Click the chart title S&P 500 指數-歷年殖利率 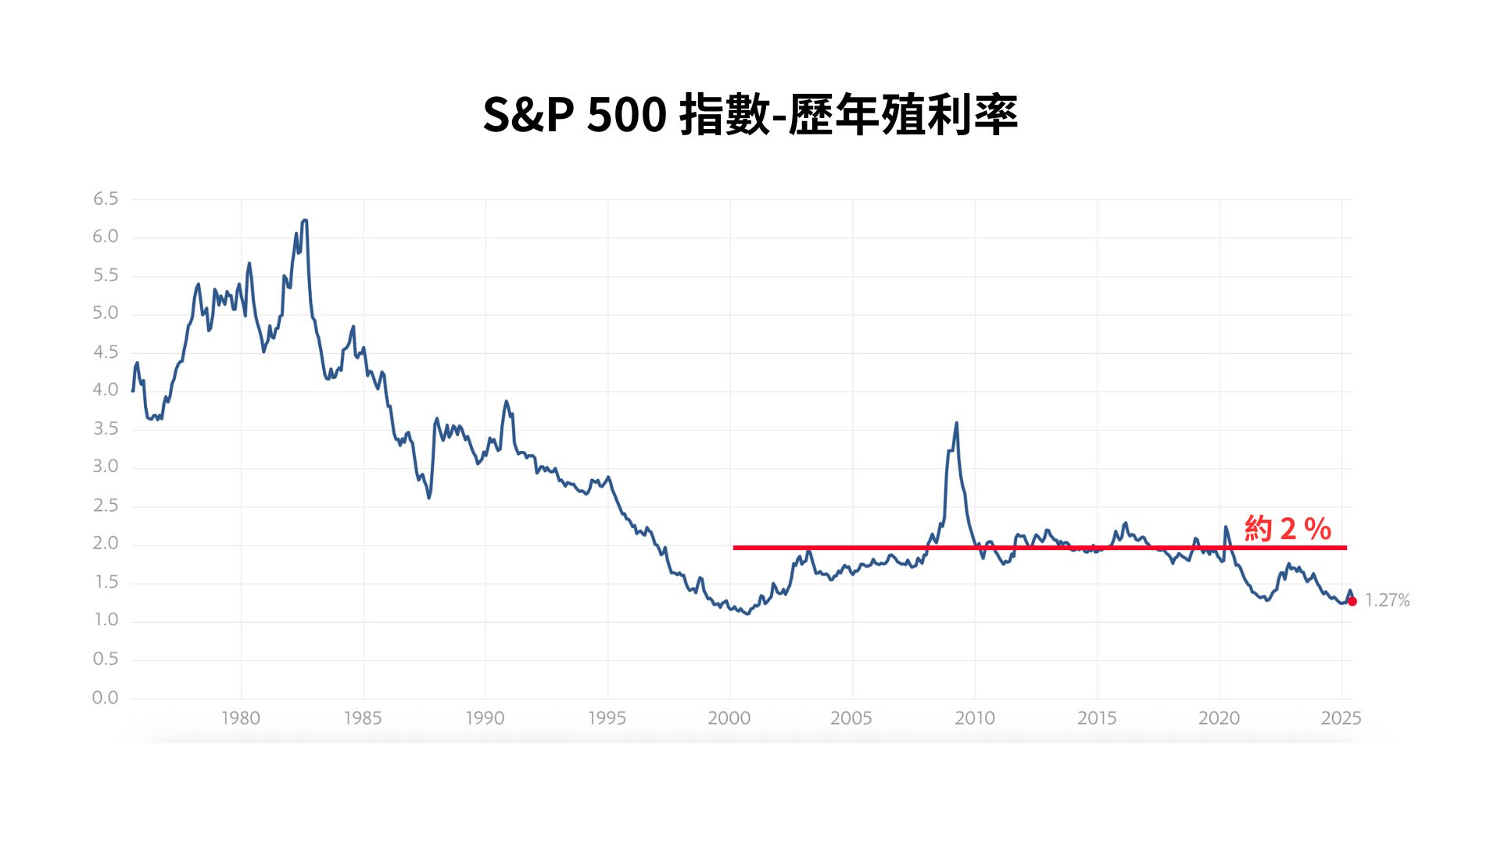pyautogui.click(x=750, y=115)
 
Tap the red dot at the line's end pyautogui.click(x=1352, y=601)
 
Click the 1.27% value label pyautogui.click(x=1388, y=600)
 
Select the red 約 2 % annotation pyautogui.click(x=1288, y=529)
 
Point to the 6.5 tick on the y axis pyautogui.click(x=106, y=199)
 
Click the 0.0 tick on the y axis pyautogui.click(x=106, y=698)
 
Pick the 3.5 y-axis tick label pyautogui.click(x=106, y=429)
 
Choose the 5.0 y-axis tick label pyautogui.click(x=106, y=313)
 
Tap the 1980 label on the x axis pyautogui.click(x=241, y=718)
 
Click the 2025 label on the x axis pyautogui.click(x=1342, y=718)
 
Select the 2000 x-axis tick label pyautogui.click(x=729, y=718)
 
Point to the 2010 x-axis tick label pyautogui.click(x=975, y=718)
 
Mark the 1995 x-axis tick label pyautogui.click(x=607, y=718)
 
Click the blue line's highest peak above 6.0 pyautogui.click(x=305, y=221)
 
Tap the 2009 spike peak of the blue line pyautogui.click(x=956, y=424)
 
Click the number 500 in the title pyautogui.click(x=626, y=115)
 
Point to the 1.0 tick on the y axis pyautogui.click(x=106, y=620)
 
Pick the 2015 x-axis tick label pyautogui.click(x=1097, y=718)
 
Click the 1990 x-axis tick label pyautogui.click(x=485, y=718)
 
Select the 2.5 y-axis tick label pyautogui.click(x=106, y=506)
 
